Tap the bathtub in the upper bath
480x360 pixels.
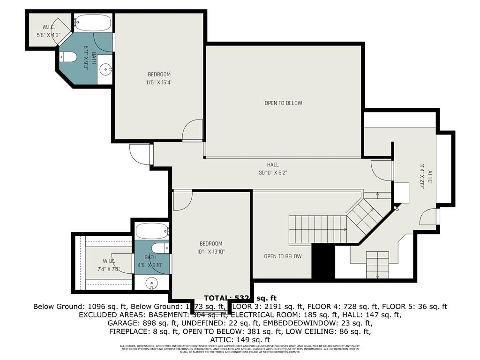(94, 22)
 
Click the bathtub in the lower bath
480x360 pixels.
(152, 231)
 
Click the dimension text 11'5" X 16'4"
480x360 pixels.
(159, 82)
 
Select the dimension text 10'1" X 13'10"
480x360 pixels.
(210, 252)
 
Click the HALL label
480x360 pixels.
(273, 165)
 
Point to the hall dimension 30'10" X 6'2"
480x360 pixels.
(273, 172)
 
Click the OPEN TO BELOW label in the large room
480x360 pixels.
(283, 103)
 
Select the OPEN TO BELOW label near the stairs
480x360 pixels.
(283, 256)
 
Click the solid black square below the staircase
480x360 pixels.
(323, 261)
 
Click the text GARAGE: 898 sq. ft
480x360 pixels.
(135, 322)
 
